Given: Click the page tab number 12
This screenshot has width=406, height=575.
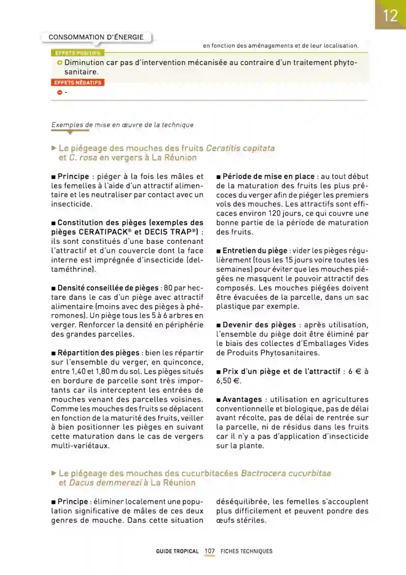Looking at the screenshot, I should [x=390, y=16].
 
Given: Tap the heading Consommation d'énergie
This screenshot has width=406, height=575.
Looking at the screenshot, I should [x=96, y=37].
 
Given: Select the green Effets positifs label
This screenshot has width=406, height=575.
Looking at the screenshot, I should [x=78, y=53].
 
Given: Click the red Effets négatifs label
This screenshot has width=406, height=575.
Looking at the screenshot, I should [x=78, y=83].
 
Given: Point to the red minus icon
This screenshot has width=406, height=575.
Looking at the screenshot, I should [x=59, y=92].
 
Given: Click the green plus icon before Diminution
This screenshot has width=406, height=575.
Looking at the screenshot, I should [x=59, y=63].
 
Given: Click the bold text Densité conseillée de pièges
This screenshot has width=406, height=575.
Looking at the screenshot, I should [x=108, y=288].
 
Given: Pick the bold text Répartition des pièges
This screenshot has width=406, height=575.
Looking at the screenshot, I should [x=98, y=353].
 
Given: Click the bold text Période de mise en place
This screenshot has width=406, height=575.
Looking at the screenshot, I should [x=269, y=177].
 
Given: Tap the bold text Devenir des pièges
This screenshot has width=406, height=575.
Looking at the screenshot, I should [x=259, y=325].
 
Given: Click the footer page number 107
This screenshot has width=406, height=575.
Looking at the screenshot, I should [x=209, y=551].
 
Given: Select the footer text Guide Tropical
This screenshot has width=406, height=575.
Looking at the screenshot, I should [x=177, y=551].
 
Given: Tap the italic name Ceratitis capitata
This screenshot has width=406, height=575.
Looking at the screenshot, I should [x=240, y=148].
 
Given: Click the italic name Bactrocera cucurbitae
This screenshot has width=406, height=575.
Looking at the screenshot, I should [x=286, y=473].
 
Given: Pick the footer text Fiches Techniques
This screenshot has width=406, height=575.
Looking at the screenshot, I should [x=246, y=551].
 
